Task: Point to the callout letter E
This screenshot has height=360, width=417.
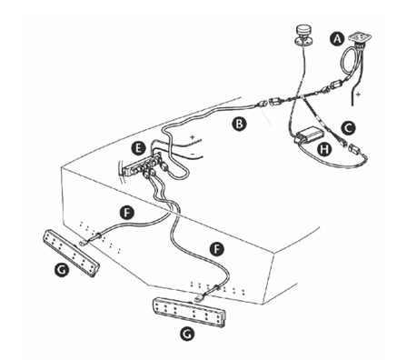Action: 137,146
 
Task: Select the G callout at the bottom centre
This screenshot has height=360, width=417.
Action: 186,335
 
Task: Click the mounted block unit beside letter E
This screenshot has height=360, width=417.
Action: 143,166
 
